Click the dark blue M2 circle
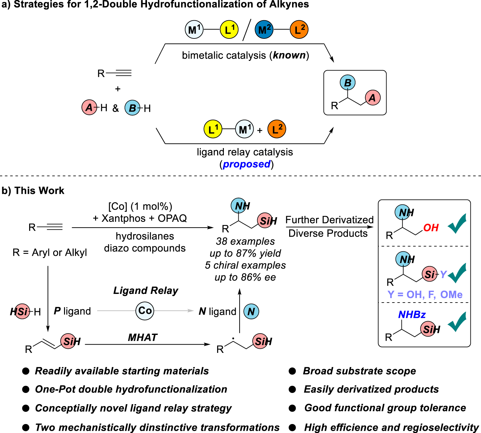pos(264,29)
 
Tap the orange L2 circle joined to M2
pos(299,29)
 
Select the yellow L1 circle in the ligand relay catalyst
pos(213,129)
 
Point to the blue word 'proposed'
pos(247,164)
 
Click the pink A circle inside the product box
pos(372,98)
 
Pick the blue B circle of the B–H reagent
pos(133,108)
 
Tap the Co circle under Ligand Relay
pos(145,311)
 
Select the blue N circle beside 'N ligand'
pos(251,311)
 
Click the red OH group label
pos(431,228)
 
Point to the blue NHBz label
pos(412,315)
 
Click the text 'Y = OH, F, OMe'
pos(425,294)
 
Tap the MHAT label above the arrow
pos(143,337)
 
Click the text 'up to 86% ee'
pos(245,277)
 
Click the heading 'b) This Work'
pos(33,191)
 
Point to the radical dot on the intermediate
pos(233,338)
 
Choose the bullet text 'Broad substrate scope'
pos(359,371)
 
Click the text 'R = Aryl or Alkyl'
pos(50,253)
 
